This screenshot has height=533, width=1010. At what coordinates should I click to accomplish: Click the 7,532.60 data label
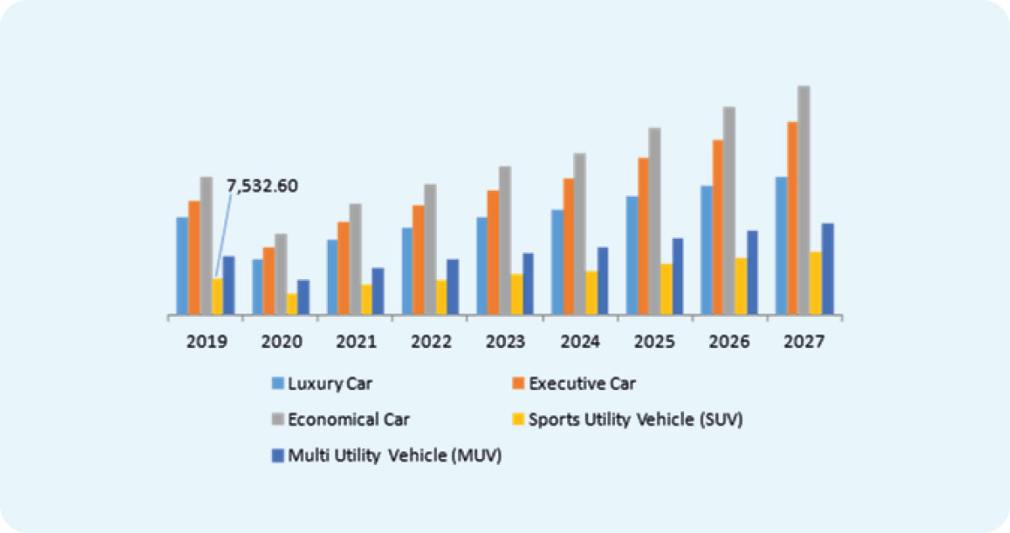(x=262, y=187)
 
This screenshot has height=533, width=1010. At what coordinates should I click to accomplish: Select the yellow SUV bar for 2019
(x=218, y=297)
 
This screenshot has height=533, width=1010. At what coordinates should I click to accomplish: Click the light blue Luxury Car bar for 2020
(x=257, y=287)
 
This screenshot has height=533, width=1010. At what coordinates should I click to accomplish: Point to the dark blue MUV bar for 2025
(x=677, y=277)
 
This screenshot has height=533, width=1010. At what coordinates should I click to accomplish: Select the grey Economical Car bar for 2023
(x=505, y=240)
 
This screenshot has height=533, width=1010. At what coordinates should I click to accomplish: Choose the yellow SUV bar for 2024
(x=592, y=293)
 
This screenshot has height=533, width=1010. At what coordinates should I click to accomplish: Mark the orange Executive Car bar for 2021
(x=343, y=268)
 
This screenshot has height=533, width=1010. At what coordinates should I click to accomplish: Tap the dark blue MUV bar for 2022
(x=453, y=287)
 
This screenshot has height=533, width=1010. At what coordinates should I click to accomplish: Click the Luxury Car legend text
(x=329, y=384)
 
